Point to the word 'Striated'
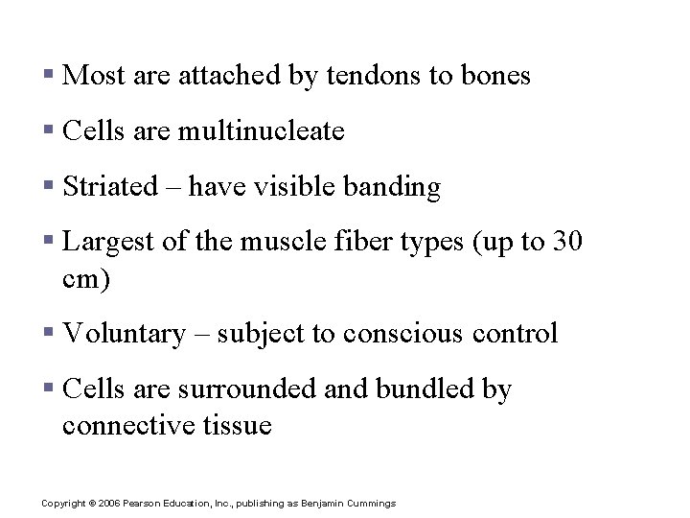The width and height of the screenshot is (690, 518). click(110, 186)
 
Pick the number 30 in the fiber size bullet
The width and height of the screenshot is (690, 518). click(567, 242)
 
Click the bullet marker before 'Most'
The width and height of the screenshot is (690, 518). click(48, 76)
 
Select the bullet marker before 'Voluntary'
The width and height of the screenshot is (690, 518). click(48, 334)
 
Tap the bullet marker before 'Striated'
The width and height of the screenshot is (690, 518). click(48, 186)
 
